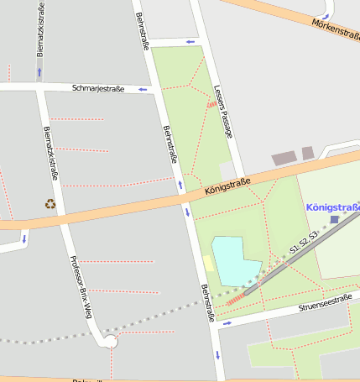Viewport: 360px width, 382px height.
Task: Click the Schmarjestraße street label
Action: click(97, 87)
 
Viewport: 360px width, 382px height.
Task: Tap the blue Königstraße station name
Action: click(333, 207)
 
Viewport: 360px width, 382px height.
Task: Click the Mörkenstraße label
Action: click(335, 29)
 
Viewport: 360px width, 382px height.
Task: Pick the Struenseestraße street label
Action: click(325, 302)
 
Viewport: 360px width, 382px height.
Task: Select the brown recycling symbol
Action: click(50, 203)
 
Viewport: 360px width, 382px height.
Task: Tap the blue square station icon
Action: click(335, 220)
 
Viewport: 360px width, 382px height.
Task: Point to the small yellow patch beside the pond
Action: click(207, 263)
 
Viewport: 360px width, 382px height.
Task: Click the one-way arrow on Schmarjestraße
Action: click(142, 88)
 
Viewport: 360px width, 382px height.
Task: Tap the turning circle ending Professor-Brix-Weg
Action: click(111, 341)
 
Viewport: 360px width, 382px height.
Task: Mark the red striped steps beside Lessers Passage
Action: click(212, 104)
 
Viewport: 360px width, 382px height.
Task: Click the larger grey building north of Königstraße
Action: click(284, 158)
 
